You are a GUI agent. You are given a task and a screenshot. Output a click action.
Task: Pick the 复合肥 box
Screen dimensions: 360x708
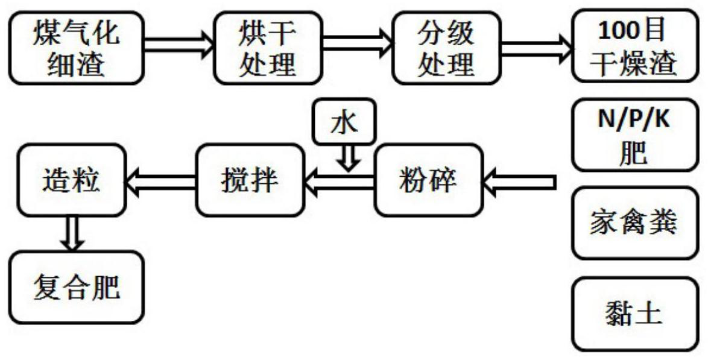pyautogui.click(x=77, y=287)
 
